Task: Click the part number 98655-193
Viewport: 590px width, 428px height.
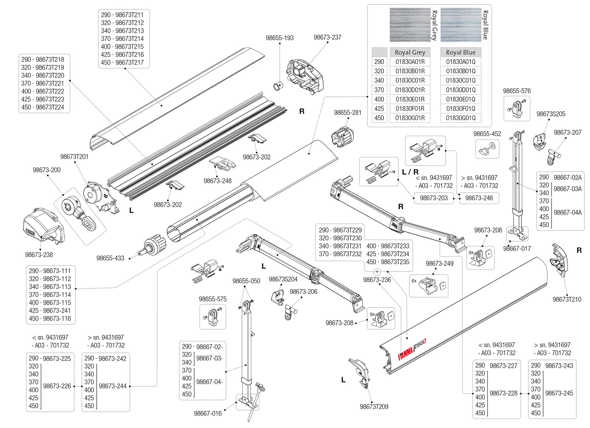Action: (x=279, y=38)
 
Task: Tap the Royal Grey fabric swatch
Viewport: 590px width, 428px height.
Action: (x=410, y=25)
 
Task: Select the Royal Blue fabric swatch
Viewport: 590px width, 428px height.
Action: (x=460, y=25)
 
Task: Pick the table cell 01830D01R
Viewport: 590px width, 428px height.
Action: (x=410, y=90)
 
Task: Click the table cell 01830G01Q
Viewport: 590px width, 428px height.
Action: (x=460, y=118)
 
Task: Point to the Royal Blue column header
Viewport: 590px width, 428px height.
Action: (x=460, y=52)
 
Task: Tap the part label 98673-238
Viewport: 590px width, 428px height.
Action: (x=39, y=255)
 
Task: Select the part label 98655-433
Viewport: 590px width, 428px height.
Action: (x=110, y=258)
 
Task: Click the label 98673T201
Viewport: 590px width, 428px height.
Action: (x=74, y=157)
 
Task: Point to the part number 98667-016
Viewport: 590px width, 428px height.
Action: (x=208, y=413)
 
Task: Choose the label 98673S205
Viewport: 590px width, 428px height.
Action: (x=551, y=114)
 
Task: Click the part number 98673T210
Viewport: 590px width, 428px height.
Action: (x=567, y=299)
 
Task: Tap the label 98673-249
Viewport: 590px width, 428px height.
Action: (x=439, y=263)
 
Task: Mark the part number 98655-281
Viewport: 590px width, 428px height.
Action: (x=347, y=113)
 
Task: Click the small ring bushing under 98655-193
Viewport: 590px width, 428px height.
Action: (x=278, y=86)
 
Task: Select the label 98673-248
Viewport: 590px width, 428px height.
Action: (x=217, y=181)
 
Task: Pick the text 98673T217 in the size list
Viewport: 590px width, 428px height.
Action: (x=129, y=62)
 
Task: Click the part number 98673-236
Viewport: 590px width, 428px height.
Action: (x=377, y=280)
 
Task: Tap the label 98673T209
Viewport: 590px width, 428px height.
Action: (x=374, y=407)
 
